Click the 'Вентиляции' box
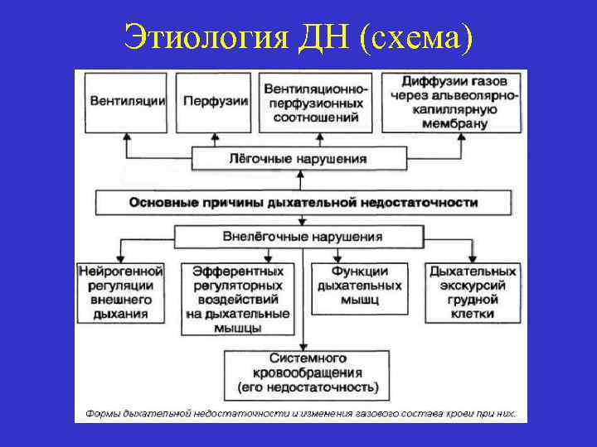tap(127, 101)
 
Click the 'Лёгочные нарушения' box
tap(298, 158)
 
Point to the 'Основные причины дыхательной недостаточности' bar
tap(303, 201)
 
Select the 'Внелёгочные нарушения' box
tap(303, 236)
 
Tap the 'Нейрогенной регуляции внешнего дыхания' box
tap(121, 292)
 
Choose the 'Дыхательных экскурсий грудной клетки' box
tap(473, 292)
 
